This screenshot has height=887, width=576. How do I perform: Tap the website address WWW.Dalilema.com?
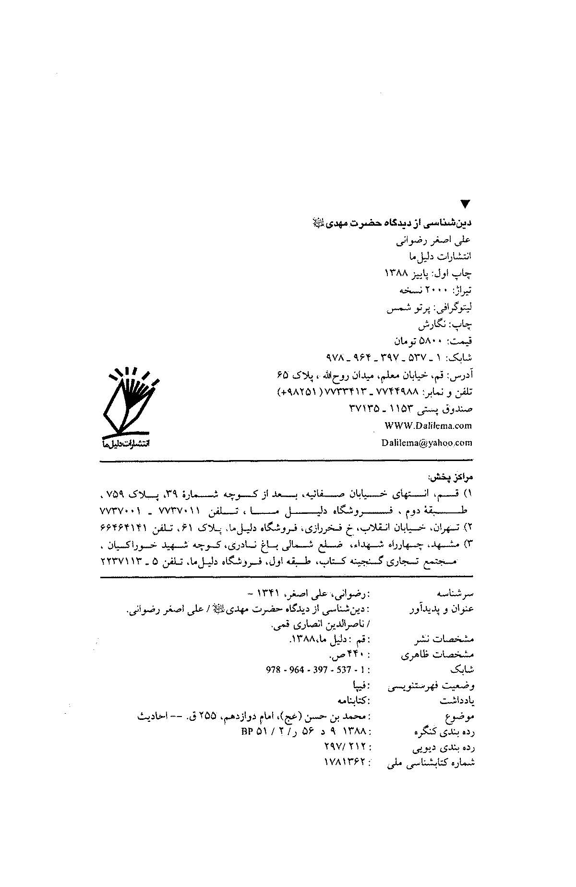pyautogui.click(x=428, y=425)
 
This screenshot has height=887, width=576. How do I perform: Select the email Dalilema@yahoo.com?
pyautogui.click(x=427, y=443)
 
